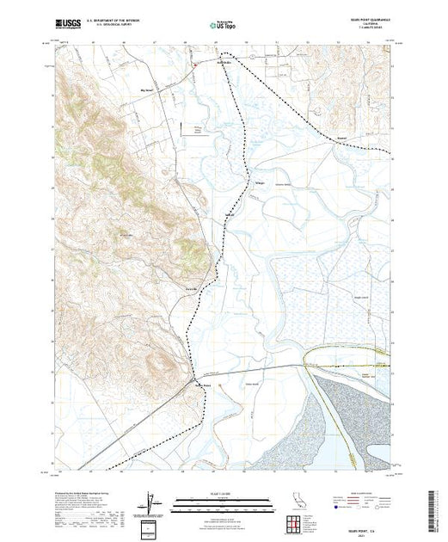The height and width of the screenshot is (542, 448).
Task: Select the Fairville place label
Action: [x=193, y=288]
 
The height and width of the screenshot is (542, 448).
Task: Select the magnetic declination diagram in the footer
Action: [x=152, y=501]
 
